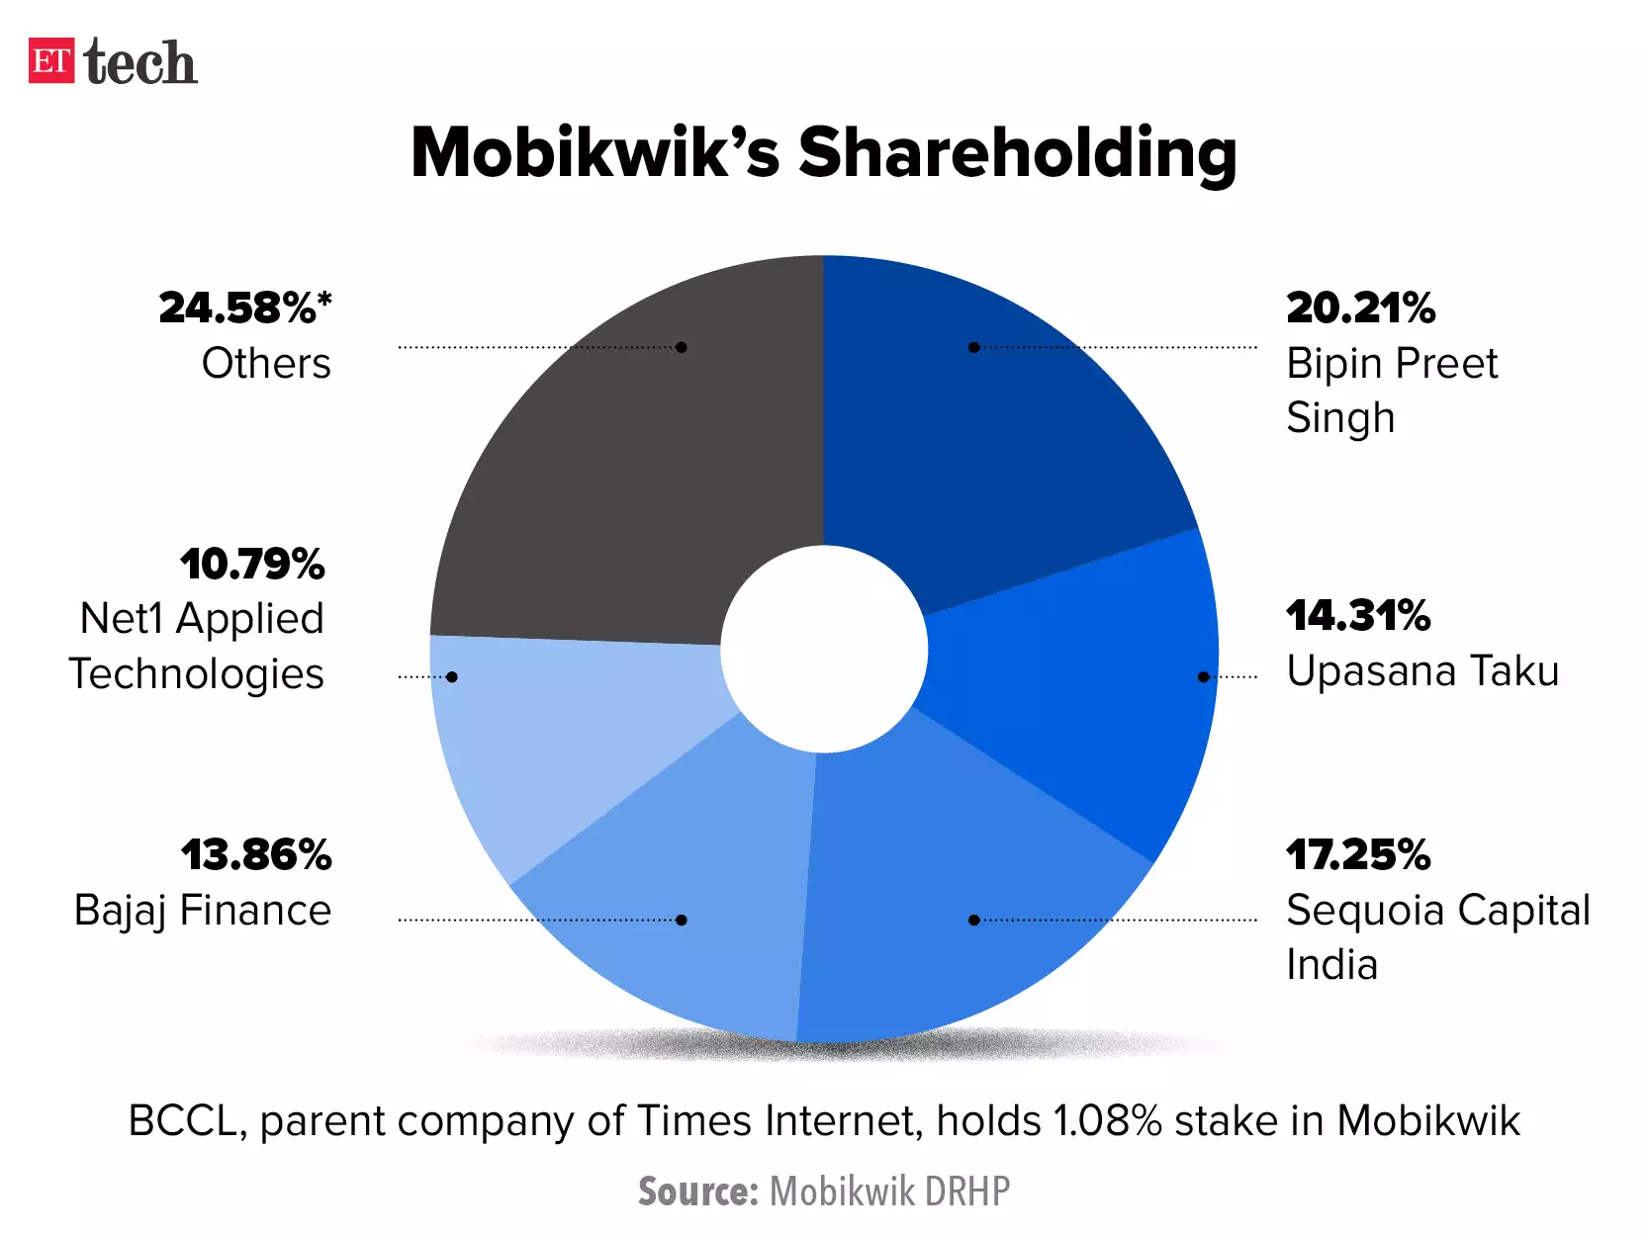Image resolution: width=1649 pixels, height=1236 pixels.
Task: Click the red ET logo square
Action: (51, 60)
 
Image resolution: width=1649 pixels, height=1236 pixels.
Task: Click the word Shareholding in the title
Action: (1017, 154)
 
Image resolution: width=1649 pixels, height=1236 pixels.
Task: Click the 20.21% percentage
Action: (1360, 309)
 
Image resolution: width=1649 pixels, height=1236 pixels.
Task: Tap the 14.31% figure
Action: (1358, 616)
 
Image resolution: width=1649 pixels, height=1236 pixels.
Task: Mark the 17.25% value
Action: (1358, 855)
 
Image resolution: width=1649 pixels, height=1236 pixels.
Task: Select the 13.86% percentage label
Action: (256, 855)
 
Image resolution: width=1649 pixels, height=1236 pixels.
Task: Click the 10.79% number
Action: (252, 565)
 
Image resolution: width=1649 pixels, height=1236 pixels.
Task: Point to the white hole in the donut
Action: (824, 650)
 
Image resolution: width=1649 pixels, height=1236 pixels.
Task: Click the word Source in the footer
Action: (697, 1192)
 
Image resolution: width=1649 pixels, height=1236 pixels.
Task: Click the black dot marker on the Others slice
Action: (682, 347)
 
